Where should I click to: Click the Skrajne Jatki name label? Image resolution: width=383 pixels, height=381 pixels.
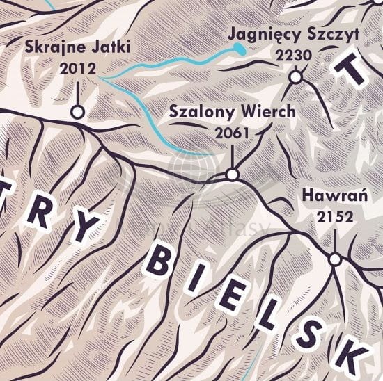click(x=77, y=49)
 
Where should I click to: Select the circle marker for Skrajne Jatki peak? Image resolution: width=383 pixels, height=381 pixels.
click(x=77, y=111)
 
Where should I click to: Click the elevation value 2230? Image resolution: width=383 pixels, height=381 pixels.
click(x=293, y=54)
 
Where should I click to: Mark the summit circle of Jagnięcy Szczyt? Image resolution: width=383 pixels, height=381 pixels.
click(x=295, y=76)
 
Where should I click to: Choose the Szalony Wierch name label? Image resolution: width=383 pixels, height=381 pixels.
click(x=233, y=112)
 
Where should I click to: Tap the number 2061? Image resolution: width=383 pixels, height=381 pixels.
click(x=231, y=132)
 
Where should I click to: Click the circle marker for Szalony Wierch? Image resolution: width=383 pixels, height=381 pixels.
click(x=233, y=174)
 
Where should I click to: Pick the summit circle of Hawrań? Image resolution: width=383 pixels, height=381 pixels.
click(x=335, y=259)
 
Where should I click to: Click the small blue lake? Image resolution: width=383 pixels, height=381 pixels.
click(x=239, y=48)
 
